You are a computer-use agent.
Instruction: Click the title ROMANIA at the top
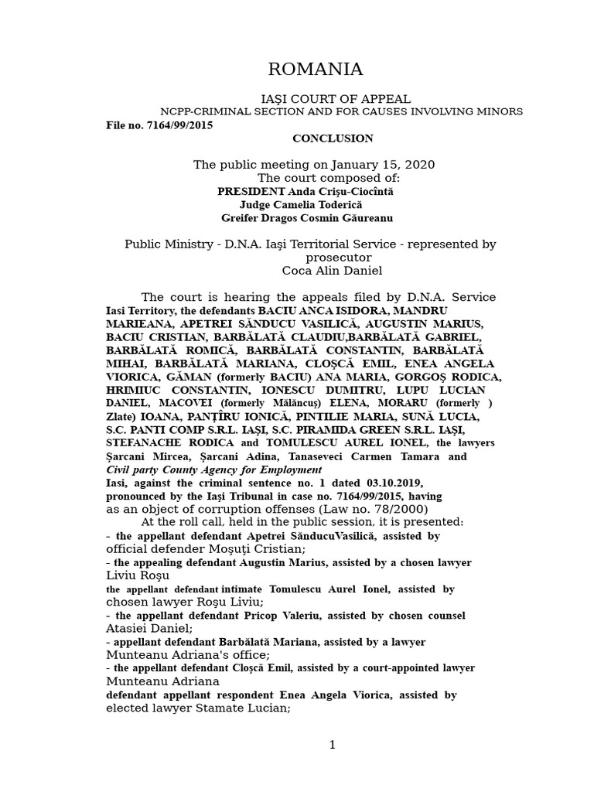coord(315,70)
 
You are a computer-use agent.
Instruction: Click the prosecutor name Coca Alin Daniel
coord(333,271)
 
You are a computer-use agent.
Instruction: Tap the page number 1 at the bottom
coord(333,745)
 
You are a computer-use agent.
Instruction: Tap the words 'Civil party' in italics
coord(132,469)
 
